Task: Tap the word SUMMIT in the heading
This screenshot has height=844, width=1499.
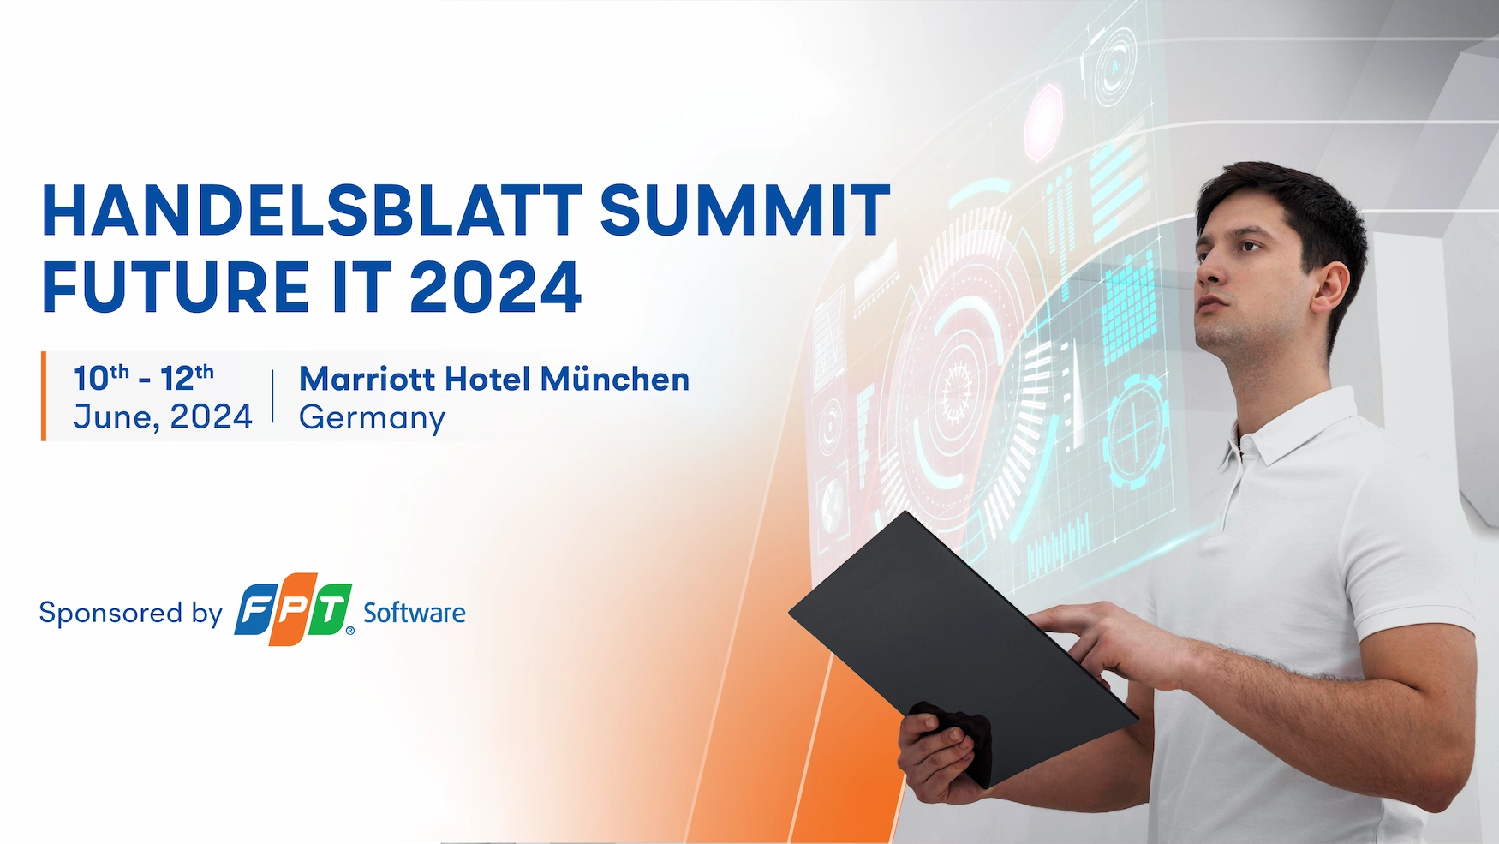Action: pyautogui.click(x=745, y=210)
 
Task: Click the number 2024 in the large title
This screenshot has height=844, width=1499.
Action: pyautogui.click(x=496, y=287)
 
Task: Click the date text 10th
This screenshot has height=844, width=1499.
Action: pyautogui.click(x=101, y=377)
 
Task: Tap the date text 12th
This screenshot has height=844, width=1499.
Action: pyautogui.click(x=187, y=377)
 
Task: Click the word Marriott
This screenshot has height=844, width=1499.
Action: pyautogui.click(x=367, y=379)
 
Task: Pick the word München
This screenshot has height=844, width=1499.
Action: pyautogui.click(x=614, y=379)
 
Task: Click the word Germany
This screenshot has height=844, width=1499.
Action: pyautogui.click(x=372, y=419)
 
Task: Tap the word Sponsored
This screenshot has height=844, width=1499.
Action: pyautogui.click(x=111, y=614)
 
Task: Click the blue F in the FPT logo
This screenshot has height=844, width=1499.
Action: pyautogui.click(x=256, y=610)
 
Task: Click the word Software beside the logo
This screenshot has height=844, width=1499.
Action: pyautogui.click(x=415, y=613)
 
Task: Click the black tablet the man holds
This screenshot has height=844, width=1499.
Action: pyautogui.click(x=964, y=647)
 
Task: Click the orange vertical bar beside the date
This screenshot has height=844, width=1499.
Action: pyautogui.click(x=44, y=396)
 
